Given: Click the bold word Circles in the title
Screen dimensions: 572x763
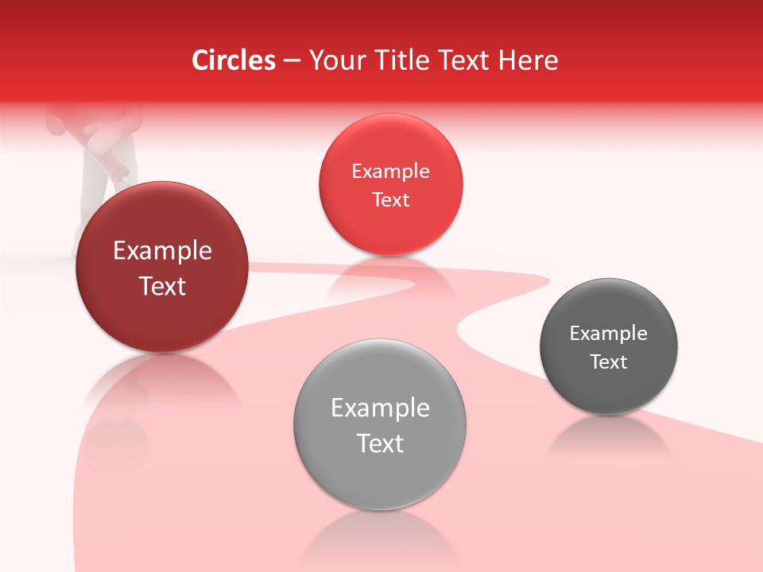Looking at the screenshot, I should click(234, 60).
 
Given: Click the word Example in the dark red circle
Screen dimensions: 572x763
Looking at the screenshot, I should click(162, 251).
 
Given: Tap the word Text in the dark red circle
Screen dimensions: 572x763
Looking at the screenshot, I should click(162, 286).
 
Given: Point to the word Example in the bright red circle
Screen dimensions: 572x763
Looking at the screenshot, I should click(390, 172).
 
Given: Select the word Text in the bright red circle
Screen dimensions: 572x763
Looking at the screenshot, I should click(390, 199).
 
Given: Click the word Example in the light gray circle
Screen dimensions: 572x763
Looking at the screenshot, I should click(380, 408).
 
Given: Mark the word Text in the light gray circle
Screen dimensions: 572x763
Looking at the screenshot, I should click(380, 443).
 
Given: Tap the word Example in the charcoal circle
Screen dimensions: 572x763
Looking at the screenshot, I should click(609, 334).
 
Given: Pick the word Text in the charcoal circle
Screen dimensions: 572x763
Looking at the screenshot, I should click(609, 362).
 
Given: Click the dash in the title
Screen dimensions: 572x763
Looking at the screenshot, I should click(292, 61).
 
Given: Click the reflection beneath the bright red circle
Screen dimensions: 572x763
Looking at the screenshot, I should click(390, 274).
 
